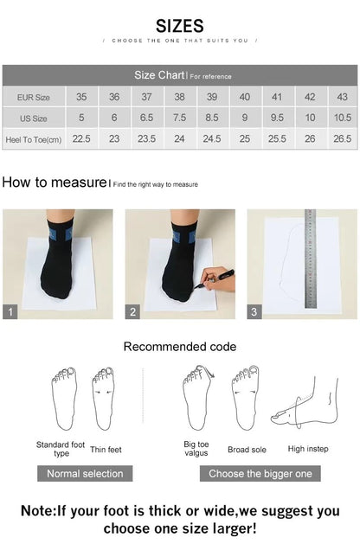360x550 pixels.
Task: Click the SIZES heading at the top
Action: pyautogui.click(x=180, y=26)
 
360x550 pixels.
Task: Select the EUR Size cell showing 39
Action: pyautogui.click(x=212, y=97)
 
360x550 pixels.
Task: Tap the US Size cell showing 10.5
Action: pyautogui.click(x=342, y=118)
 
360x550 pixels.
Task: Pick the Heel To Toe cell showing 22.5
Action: pyautogui.click(x=81, y=138)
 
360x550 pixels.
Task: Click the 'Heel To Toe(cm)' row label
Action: pyautogui.click(x=34, y=138)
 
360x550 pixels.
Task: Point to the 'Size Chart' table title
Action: pyautogui.click(x=157, y=75)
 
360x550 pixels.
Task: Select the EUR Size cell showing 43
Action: pyautogui.click(x=342, y=97)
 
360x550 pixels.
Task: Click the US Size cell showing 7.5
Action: pyautogui.click(x=179, y=118)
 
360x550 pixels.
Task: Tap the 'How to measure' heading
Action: pyautogui.click(x=54, y=182)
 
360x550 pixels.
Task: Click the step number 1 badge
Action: pyautogui.click(x=10, y=312)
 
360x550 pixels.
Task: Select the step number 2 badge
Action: pyautogui.click(x=133, y=312)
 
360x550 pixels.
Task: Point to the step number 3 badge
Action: pyautogui.click(x=254, y=312)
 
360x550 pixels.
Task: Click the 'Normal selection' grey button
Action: pyautogui.click(x=85, y=473)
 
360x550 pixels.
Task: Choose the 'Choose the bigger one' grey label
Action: pyautogui.click(x=260, y=473)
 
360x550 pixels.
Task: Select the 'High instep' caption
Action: pyautogui.click(x=307, y=449)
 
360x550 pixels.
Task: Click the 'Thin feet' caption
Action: pyautogui.click(x=106, y=449)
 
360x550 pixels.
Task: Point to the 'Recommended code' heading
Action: pyautogui.click(x=179, y=347)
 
